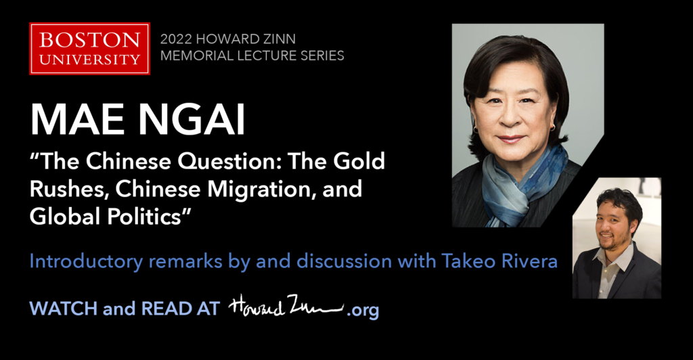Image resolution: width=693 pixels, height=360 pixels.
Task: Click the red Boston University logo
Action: [90, 49]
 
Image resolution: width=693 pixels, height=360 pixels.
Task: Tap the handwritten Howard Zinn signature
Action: [286, 305]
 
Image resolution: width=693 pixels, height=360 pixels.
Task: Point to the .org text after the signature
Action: [363, 310]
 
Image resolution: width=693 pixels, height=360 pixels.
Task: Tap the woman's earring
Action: [476, 131]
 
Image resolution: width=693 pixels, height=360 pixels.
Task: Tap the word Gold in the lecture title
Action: [359, 161]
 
